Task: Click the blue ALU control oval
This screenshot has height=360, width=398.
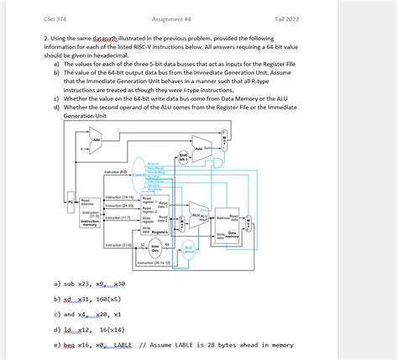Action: (x=189, y=249)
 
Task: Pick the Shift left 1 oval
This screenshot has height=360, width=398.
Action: (x=183, y=157)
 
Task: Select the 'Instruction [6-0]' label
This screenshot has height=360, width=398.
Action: (x=113, y=171)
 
